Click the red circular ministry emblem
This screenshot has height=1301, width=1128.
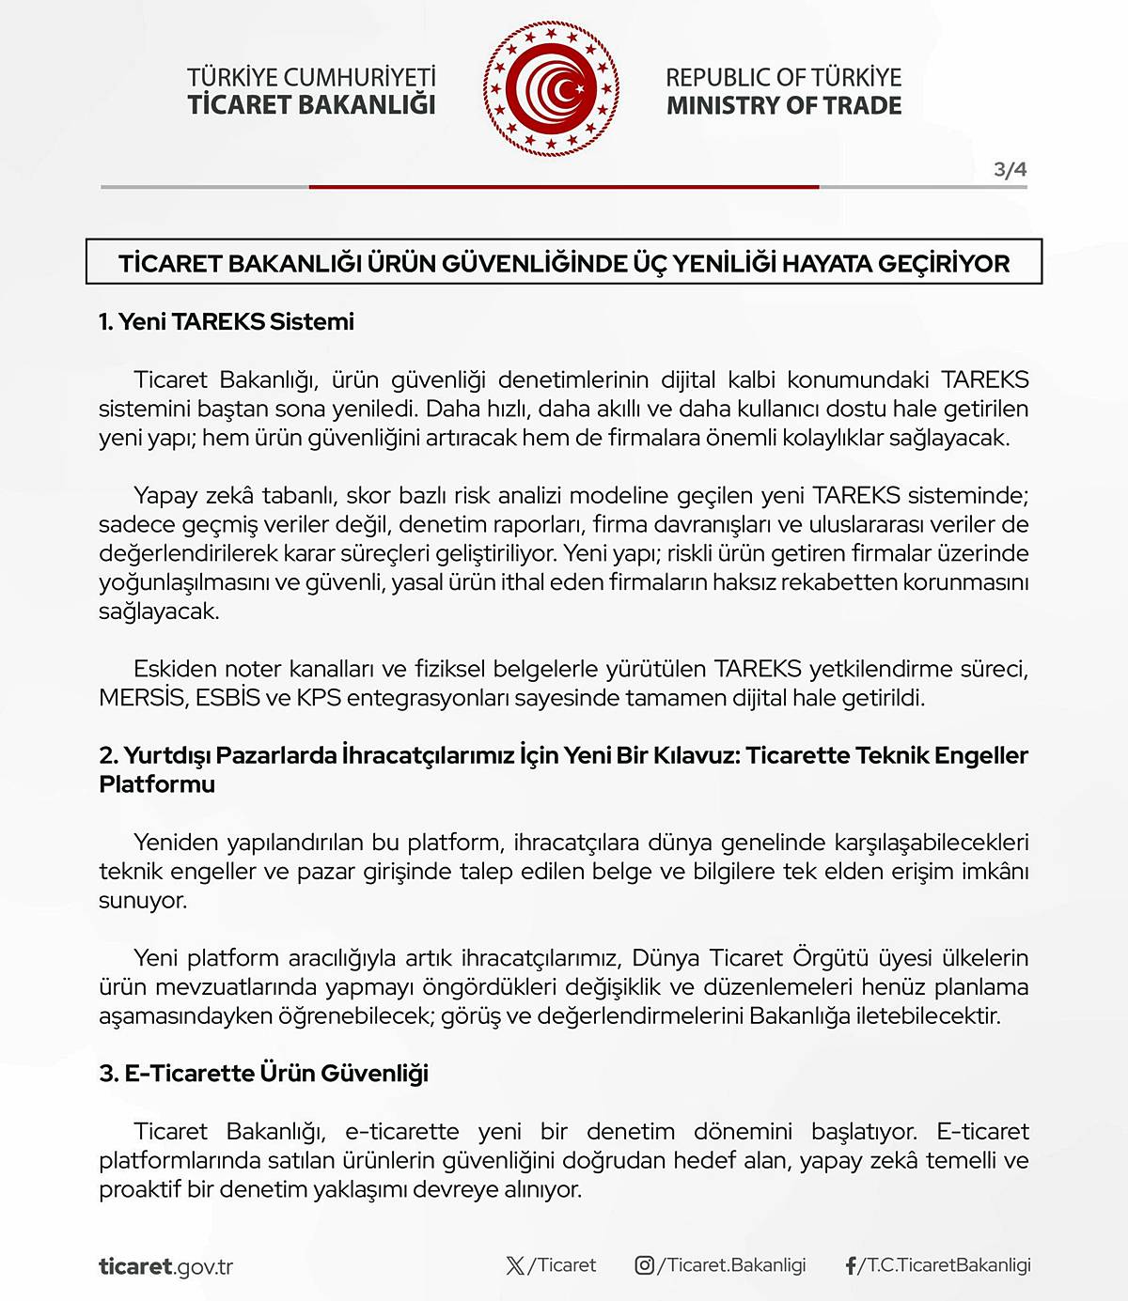point(551,90)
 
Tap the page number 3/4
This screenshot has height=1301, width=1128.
point(1010,170)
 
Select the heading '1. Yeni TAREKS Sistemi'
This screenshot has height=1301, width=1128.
point(227,321)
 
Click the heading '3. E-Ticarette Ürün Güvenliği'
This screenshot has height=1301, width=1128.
point(263,1073)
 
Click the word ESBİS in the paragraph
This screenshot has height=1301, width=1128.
point(227,698)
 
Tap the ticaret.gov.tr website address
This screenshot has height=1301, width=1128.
point(165,1266)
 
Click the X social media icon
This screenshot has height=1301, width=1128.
point(515,1265)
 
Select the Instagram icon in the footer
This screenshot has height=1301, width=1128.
point(645,1265)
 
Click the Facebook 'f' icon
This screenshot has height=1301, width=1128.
point(851,1266)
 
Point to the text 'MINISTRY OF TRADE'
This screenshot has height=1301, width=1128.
point(784,105)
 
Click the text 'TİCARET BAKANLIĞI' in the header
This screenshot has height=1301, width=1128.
point(311,104)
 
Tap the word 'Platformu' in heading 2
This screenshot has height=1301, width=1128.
point(157,784)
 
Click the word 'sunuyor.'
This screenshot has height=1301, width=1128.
point(143,900)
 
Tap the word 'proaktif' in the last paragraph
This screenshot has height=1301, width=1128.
point(139,1189)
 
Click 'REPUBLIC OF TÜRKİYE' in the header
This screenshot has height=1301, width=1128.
point(783,77)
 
